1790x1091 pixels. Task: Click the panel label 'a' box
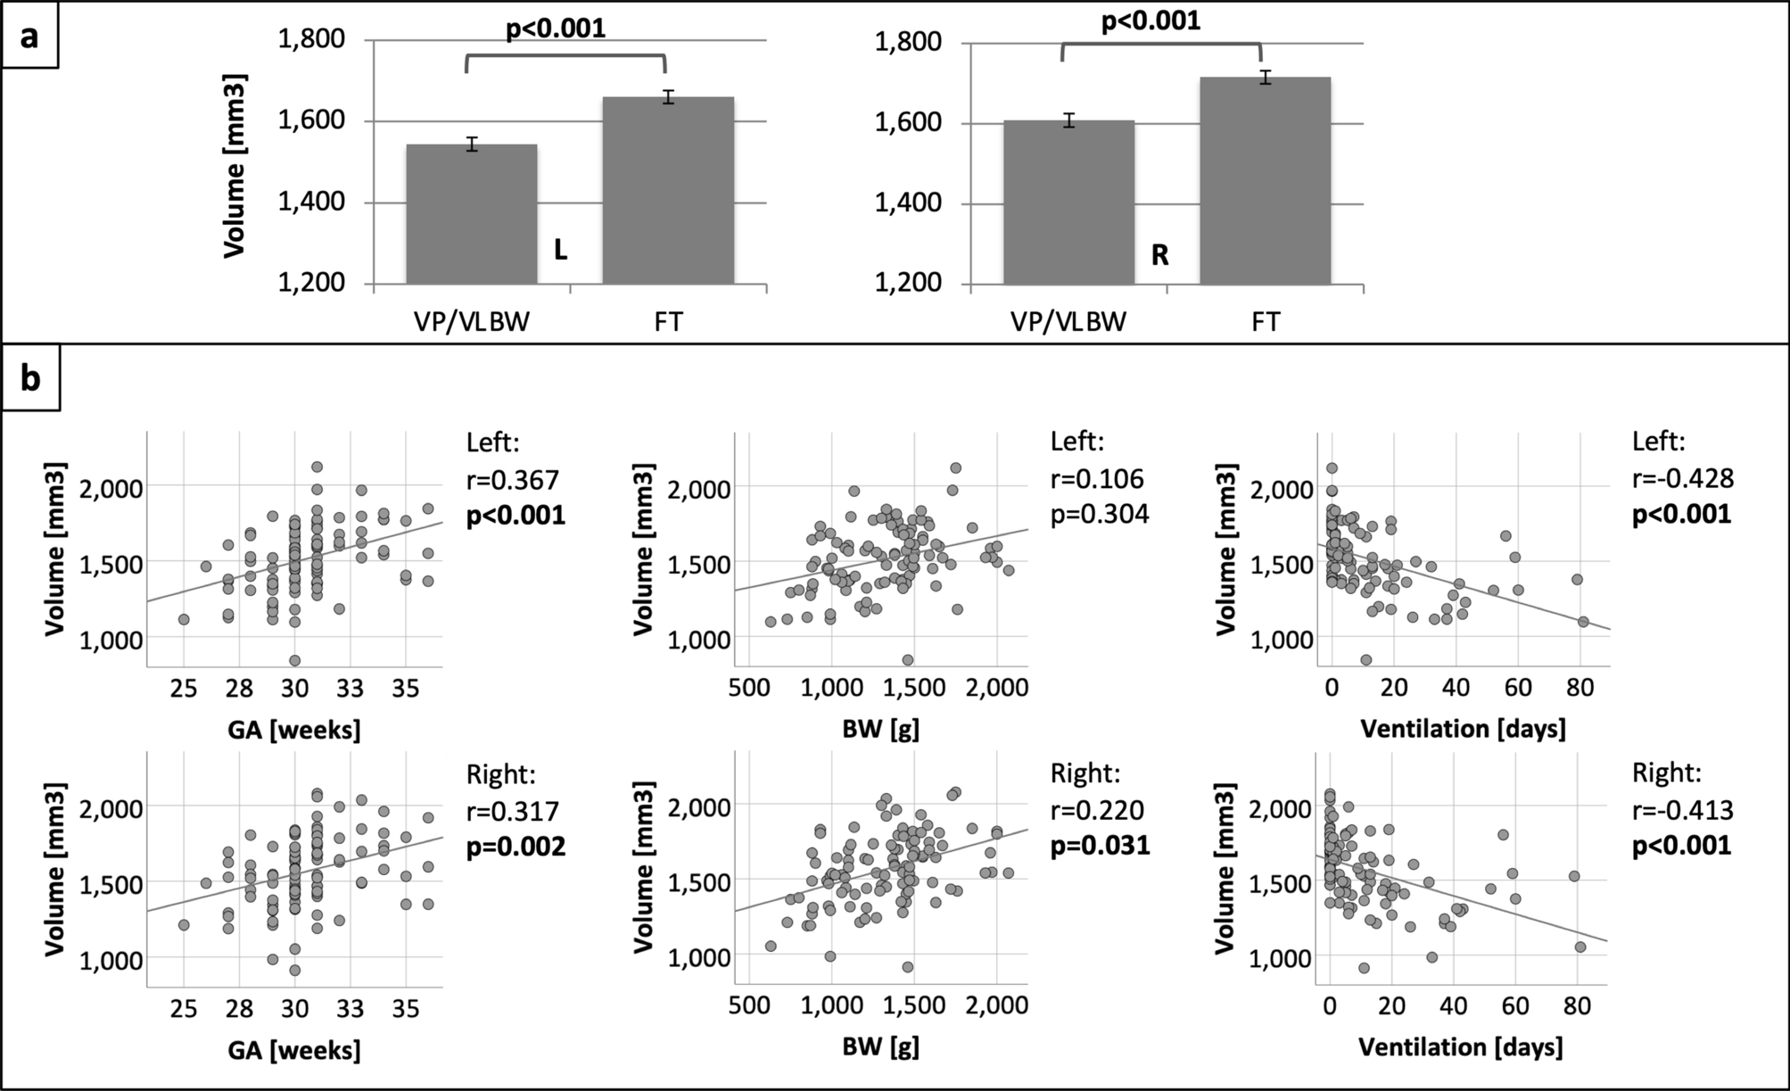click(x=29, y=36)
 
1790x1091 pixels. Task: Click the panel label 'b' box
click(x=30, y=379)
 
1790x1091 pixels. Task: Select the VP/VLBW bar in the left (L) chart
click(x=472, y=214)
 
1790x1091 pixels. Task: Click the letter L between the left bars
click(x=560, y=251)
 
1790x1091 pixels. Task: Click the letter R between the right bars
click(x=1159, y=256)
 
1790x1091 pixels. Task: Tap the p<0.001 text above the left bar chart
click(x=556, y=29)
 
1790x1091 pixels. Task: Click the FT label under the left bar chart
click(x=668, y=321)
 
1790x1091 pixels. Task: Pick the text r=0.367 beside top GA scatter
click(x=513, y=480)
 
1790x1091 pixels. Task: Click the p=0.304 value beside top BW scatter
click(x=1100, y=515)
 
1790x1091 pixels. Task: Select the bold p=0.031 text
click(x=1100, y=845)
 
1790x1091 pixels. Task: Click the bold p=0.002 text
click(x=516, y=846)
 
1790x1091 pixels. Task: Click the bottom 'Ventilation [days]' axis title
click(x=1461, y=1046)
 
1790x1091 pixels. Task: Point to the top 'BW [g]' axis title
click(x=880, y=729)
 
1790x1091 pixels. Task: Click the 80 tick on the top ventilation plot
click(x=1580, y=687)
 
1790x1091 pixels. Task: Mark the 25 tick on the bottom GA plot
click(x=183, y=1008)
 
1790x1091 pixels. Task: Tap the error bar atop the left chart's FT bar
click(x=668, y=97)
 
